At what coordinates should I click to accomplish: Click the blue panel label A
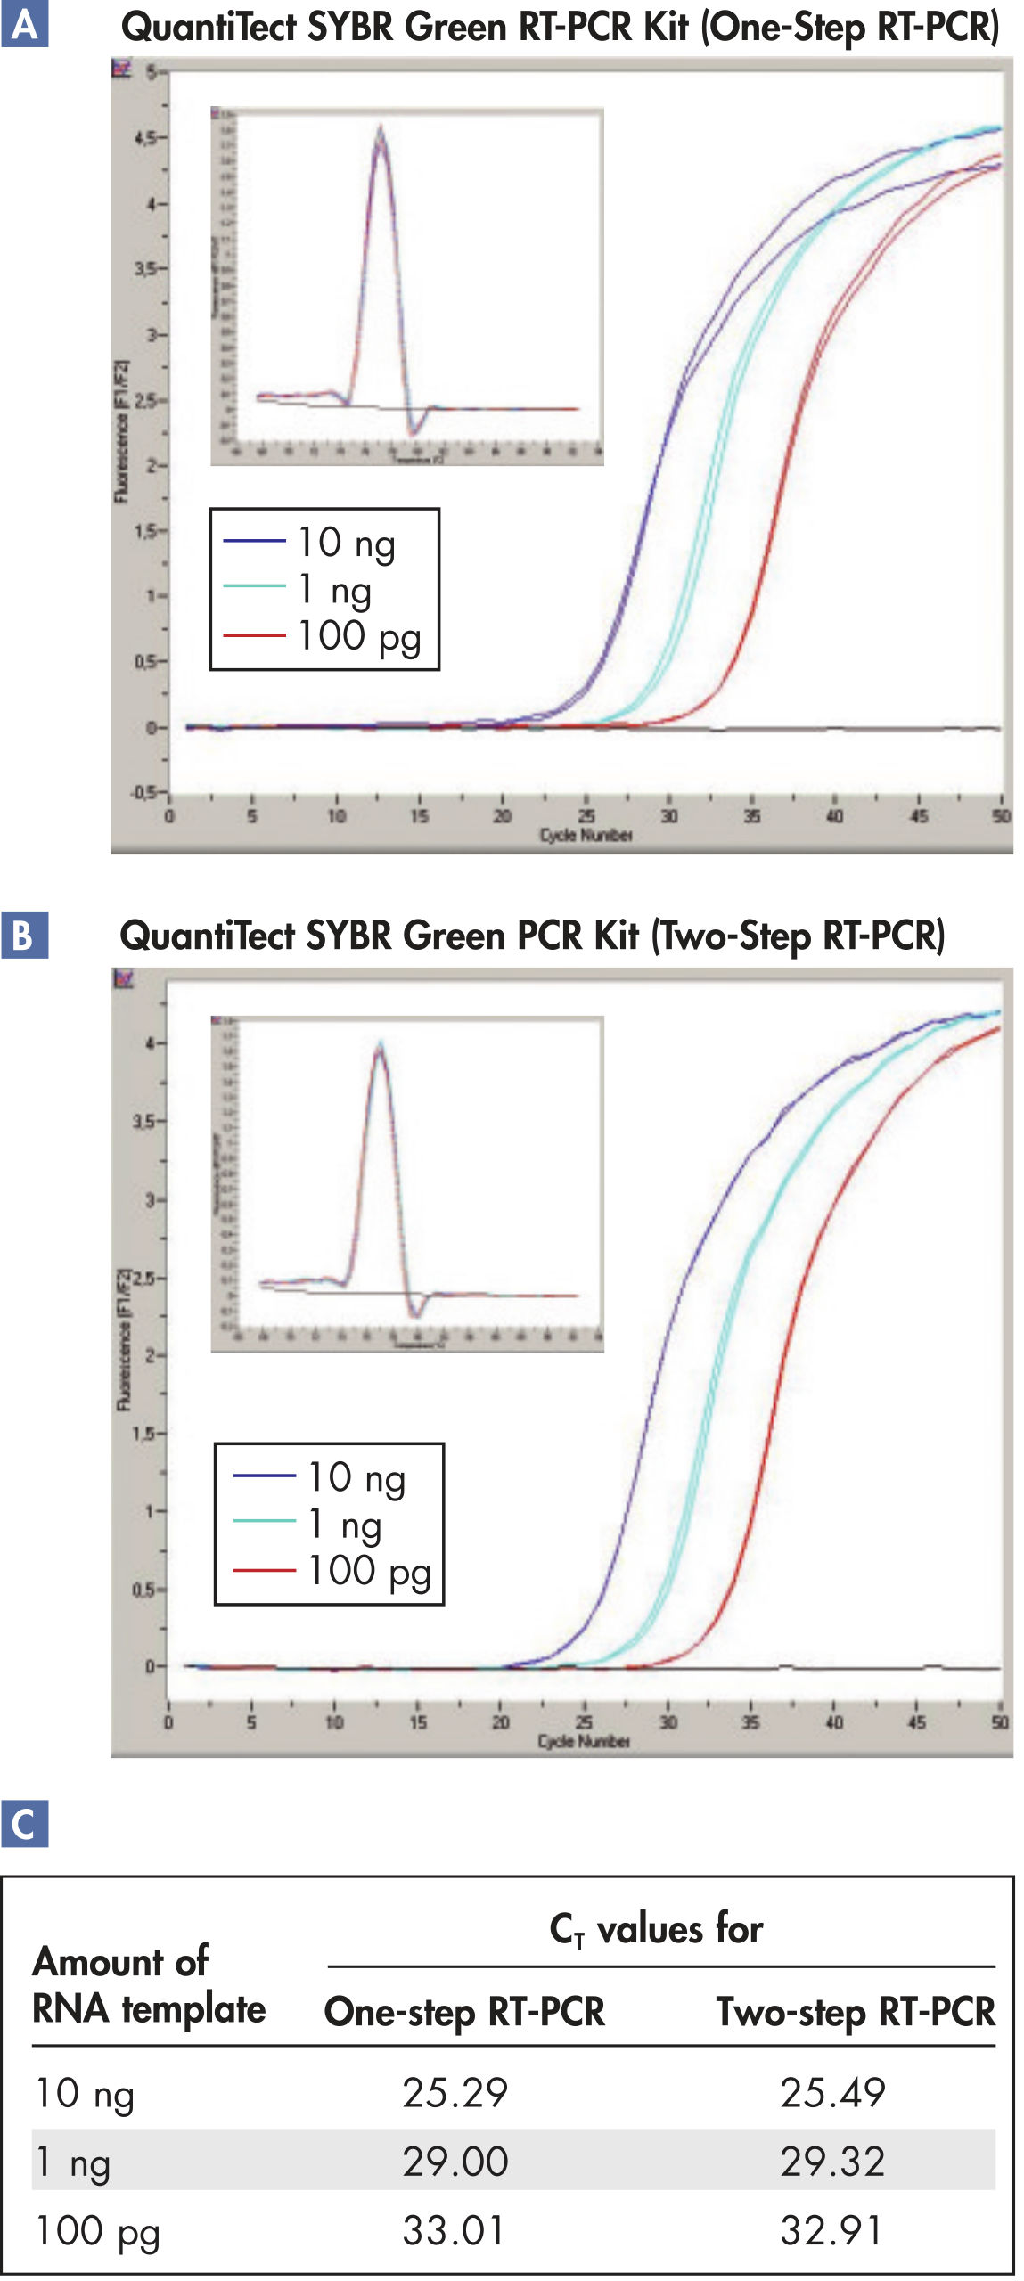tap(24, 24)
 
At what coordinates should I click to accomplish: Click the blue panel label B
tap(24, 935)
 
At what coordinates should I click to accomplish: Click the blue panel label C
tap(24, 1824)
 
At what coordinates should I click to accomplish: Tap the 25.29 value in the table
tap(455, 2093)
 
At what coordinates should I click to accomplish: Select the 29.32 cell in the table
tap(832, 2162)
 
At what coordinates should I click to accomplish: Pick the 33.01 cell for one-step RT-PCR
tap(455, 2231)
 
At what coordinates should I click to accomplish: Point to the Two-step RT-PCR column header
tap(856, 2012)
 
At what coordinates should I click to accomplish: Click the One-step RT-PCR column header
tap(464, 2012)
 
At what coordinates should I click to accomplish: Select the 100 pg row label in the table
tap(97, 2233)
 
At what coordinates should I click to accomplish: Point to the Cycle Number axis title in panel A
tap(586, 835)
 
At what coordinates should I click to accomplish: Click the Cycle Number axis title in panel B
tap(584, 1740)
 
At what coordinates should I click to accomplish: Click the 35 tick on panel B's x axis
tap(750, 1722)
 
